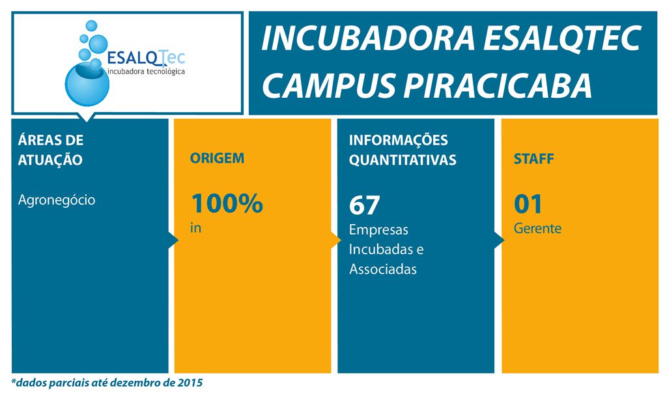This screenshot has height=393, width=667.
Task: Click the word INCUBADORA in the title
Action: click(368, 38)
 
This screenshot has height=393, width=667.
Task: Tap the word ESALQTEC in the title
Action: click(562, 38)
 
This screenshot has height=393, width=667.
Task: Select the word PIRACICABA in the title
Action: click(498, 85)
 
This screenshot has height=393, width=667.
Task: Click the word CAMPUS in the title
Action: click(329, 85)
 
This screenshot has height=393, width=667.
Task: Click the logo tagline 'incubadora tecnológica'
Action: click(147, 72)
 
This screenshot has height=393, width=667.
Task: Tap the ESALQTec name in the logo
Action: click(146, 57)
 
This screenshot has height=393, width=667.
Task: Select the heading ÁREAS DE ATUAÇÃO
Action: click(51, 150)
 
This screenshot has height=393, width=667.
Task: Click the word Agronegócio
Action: click(57, 199)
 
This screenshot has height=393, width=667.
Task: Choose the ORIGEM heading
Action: click(217, 158)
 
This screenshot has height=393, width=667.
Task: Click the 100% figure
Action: click(227, 203)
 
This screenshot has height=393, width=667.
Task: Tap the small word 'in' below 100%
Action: click(195, 228)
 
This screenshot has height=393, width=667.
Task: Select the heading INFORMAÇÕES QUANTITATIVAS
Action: click(403, 150)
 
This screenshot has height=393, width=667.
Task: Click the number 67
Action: click(364, 205)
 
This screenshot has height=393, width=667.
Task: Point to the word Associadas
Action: click(383, 269)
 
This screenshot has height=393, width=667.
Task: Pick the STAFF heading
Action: click(533, 159)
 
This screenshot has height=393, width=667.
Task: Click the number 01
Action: click(528, 204)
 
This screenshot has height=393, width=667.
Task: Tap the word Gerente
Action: click(537, 229)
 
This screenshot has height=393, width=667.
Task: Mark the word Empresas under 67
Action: click(378, 230)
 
